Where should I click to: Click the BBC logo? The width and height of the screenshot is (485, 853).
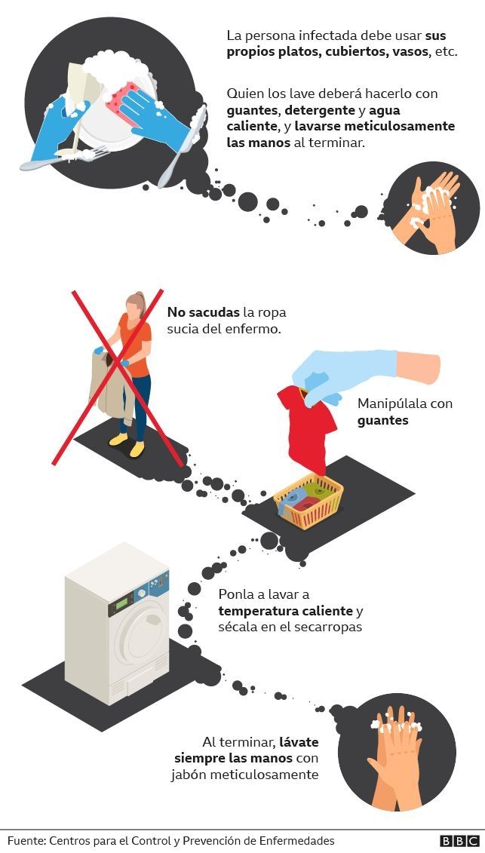[459, 841]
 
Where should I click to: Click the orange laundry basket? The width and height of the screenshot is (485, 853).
[308, 500]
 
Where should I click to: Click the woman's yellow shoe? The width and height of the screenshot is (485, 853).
[137, 448]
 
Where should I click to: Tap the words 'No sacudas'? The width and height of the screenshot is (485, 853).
[203, 313]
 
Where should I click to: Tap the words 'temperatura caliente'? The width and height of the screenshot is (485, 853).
[286, 610]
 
